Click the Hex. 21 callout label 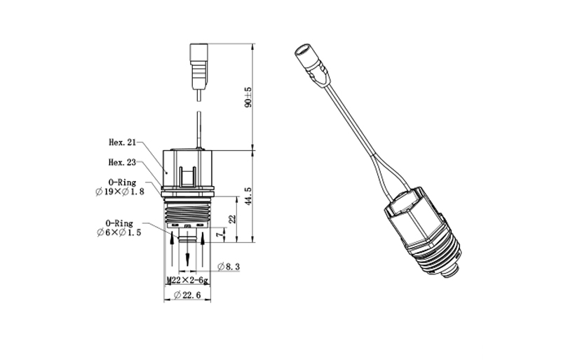click(122, 142)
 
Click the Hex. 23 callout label click(122, 163)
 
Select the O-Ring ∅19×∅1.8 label click(120, 187)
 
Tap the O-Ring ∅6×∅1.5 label click(119, 228)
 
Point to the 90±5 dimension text click(248, 98)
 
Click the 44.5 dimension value click(248, 196)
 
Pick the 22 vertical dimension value click(233, 219)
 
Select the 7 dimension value click(219, 235)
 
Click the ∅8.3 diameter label click(229, 267)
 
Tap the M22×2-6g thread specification click(187, 281)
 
